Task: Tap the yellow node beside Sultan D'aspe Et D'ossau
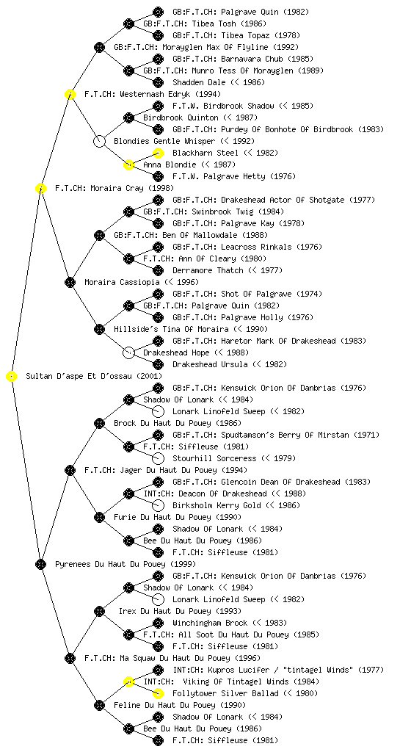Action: coord(12,377)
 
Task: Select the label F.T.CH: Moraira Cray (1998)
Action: coord(114,189)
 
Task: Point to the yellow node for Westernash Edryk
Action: coord(70,95)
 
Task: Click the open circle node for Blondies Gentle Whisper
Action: coord(99,142)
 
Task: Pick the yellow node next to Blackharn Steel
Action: coord(158,153)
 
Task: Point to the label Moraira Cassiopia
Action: coord(122,282)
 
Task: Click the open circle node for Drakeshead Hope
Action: coord(128,353)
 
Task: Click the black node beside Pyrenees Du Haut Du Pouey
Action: coord(40,565)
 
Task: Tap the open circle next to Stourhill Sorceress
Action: coord(158,458)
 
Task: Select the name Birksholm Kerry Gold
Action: coord(217,505)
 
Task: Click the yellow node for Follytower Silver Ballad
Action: coord(158,693)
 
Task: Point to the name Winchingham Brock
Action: coord(211,623)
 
